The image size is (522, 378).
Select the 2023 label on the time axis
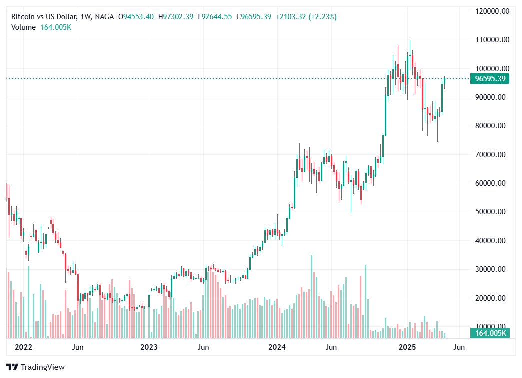149,347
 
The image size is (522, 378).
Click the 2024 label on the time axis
276,347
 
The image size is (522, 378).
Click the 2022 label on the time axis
23,347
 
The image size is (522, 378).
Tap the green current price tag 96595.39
490,79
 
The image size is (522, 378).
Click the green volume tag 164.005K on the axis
490,333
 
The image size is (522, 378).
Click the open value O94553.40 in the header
136,17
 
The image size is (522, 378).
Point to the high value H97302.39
176,17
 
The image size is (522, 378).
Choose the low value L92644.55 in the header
215,17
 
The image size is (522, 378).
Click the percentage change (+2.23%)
322,17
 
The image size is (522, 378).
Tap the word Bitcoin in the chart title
23,17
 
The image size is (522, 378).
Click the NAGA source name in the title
103,17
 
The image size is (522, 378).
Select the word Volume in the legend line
24,27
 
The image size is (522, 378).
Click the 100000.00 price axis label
491,68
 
